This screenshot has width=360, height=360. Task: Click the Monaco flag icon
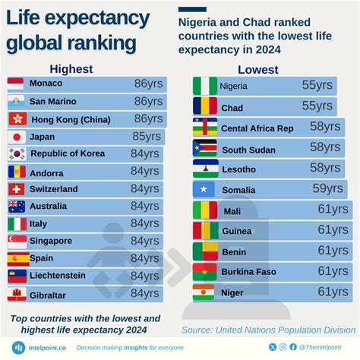(x=17, y=84)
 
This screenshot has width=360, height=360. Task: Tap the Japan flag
(x=17, y=137)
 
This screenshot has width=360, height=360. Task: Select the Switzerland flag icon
(x=17, y=188)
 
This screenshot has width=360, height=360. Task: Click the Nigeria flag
(x=204, y=86)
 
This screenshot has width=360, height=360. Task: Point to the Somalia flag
(x=204, y=188)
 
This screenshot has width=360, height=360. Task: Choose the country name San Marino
(x=56, y=101)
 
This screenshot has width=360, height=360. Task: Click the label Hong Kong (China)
(x=70, y=119)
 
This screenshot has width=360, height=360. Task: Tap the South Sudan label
(x=248, y=149)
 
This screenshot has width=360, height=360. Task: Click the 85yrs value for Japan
(x=147, y=137)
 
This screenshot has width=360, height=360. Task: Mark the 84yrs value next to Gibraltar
(x=144, y=294)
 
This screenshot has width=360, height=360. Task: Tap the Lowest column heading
(x=257, y=70)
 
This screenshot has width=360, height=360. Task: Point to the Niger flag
(x=204, y=292)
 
